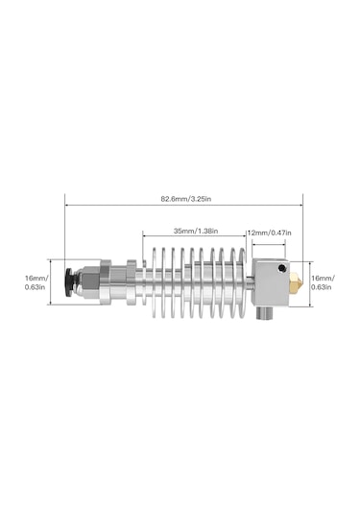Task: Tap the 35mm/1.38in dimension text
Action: [x=195, y=232]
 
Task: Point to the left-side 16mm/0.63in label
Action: [x=36, y=281]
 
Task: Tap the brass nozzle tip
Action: [x=297, y=283]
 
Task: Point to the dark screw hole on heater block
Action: [x=280, y=269]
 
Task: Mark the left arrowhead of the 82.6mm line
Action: [x=67, y=199]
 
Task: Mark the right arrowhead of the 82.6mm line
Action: [x=301, y=199]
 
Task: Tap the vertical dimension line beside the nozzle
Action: [x=311, y=283]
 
